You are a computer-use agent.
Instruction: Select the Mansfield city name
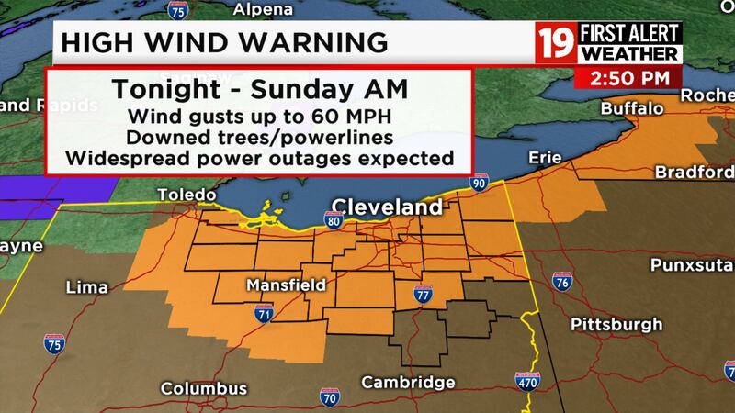286,286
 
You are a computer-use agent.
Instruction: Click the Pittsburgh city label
616,324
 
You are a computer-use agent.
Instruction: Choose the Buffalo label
631,109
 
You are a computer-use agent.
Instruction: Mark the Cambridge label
409,382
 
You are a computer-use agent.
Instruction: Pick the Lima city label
87,288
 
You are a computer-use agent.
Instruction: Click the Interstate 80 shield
332,219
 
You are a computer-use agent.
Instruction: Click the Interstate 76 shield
562,282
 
